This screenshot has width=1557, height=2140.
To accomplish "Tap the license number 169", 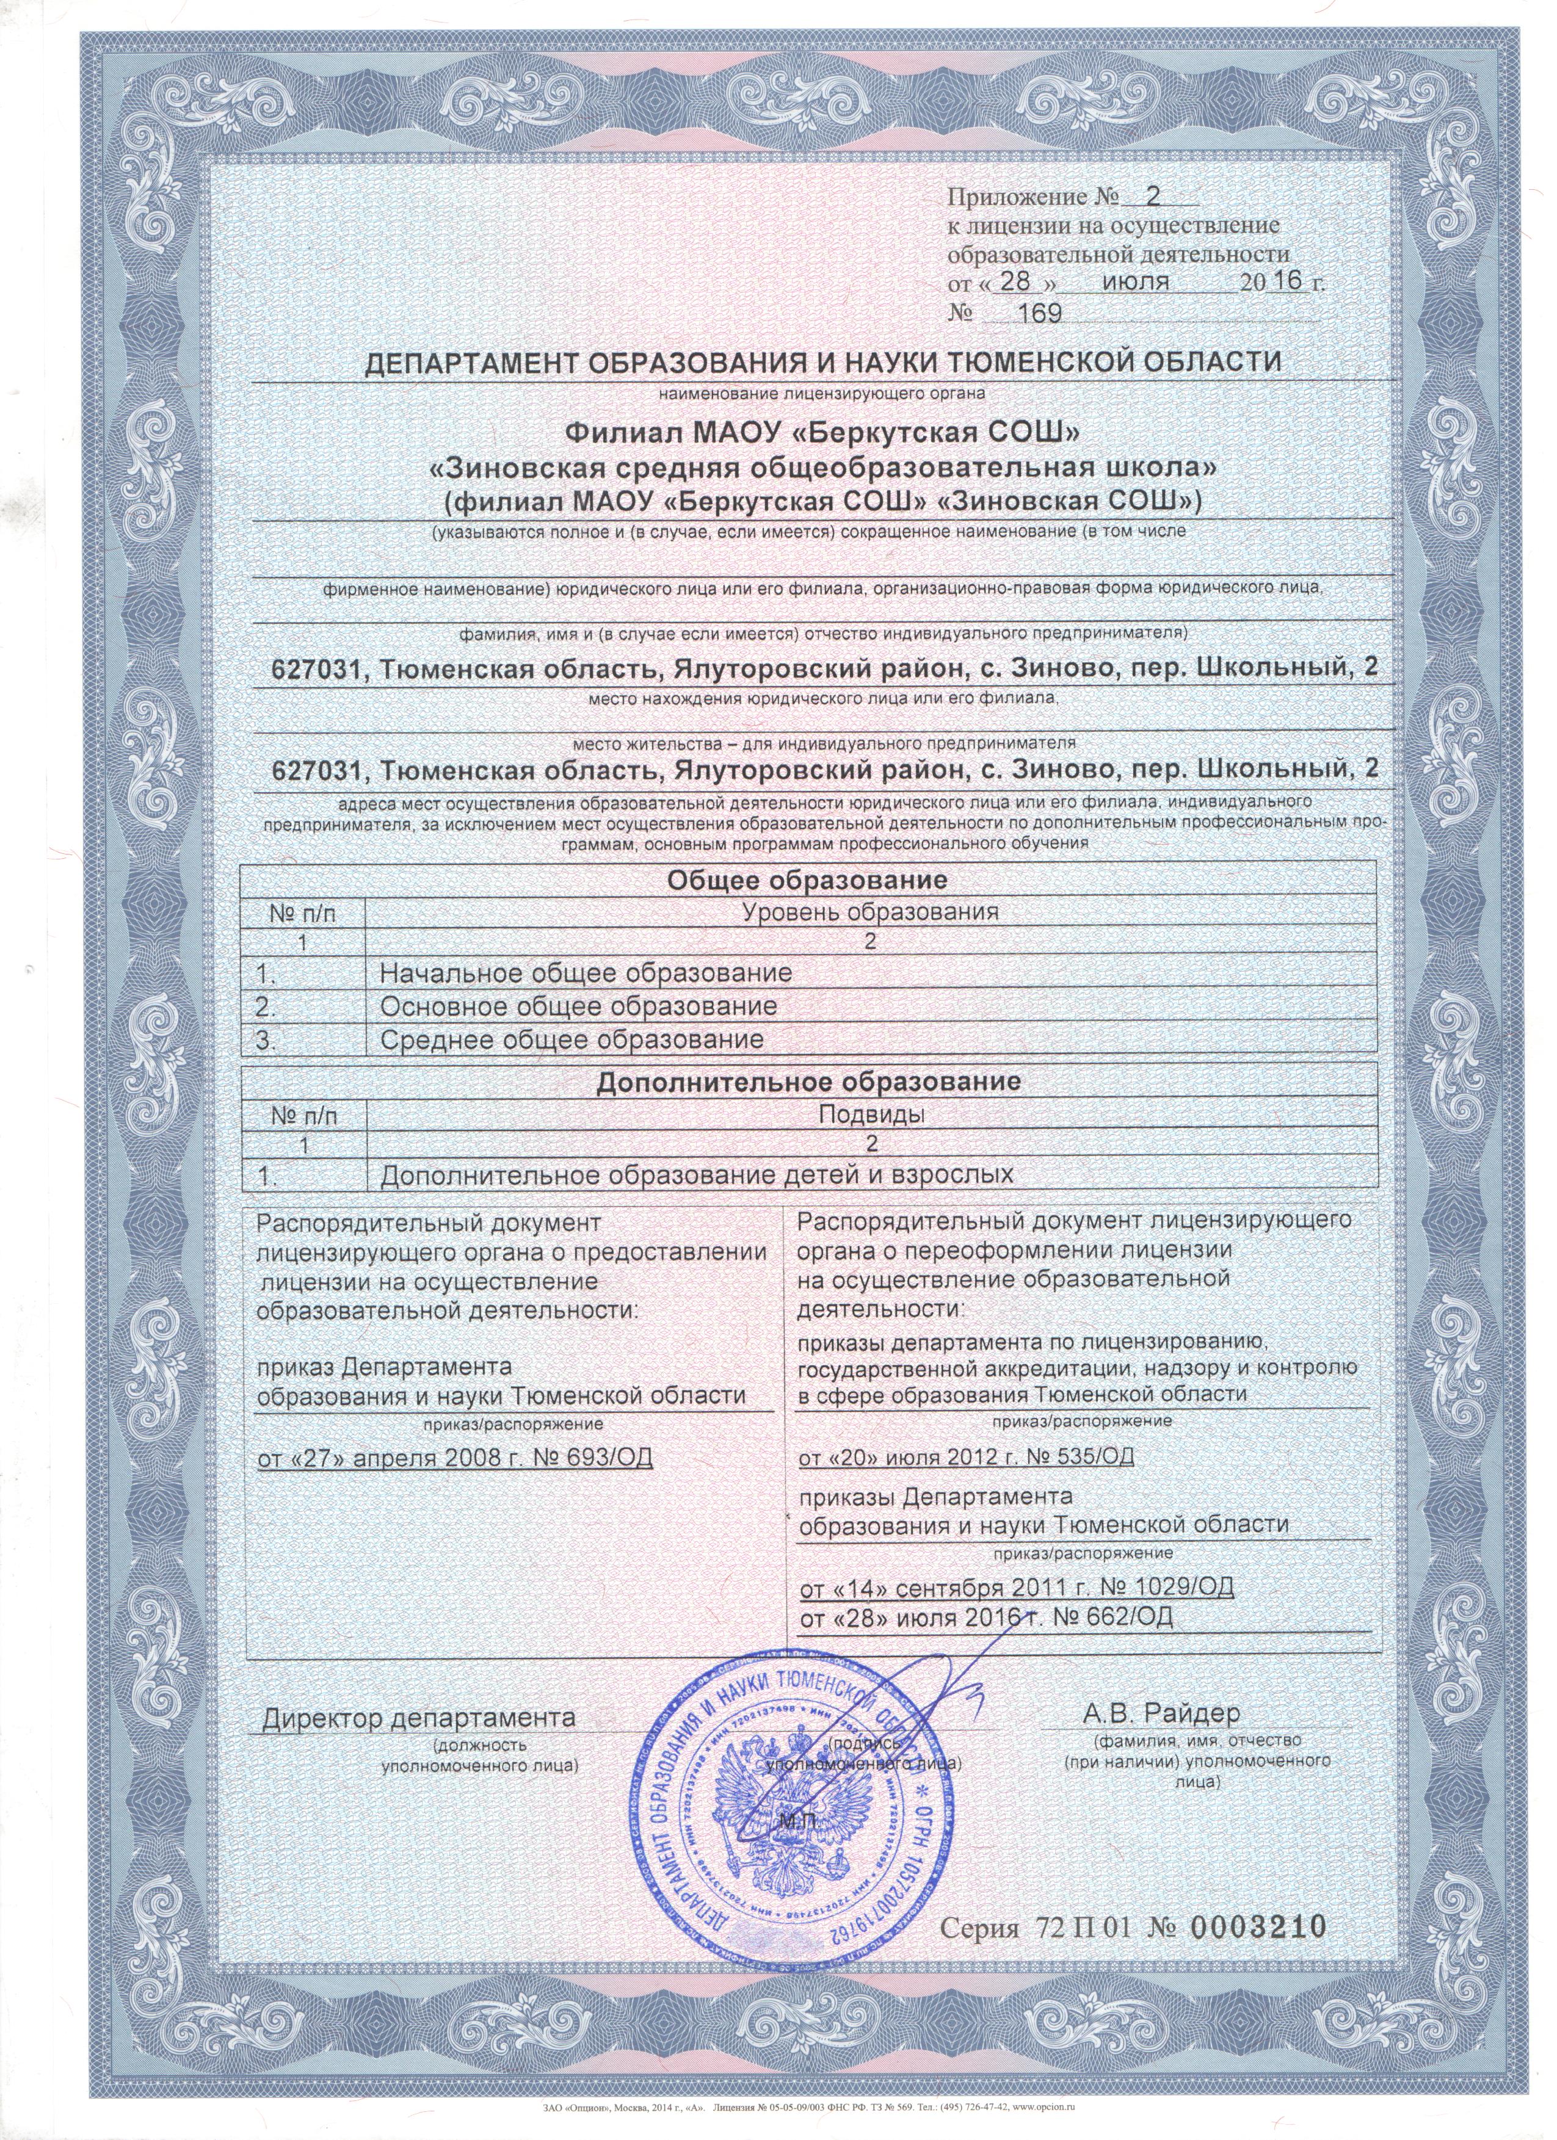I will click(1035, 313).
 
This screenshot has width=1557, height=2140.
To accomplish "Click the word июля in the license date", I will click(1134, 281).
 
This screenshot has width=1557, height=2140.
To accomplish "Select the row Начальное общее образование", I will click(585, 973).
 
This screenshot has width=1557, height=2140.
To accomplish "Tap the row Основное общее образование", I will click(578, 1006).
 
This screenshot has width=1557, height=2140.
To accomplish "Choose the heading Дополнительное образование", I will click(808, 1082).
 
